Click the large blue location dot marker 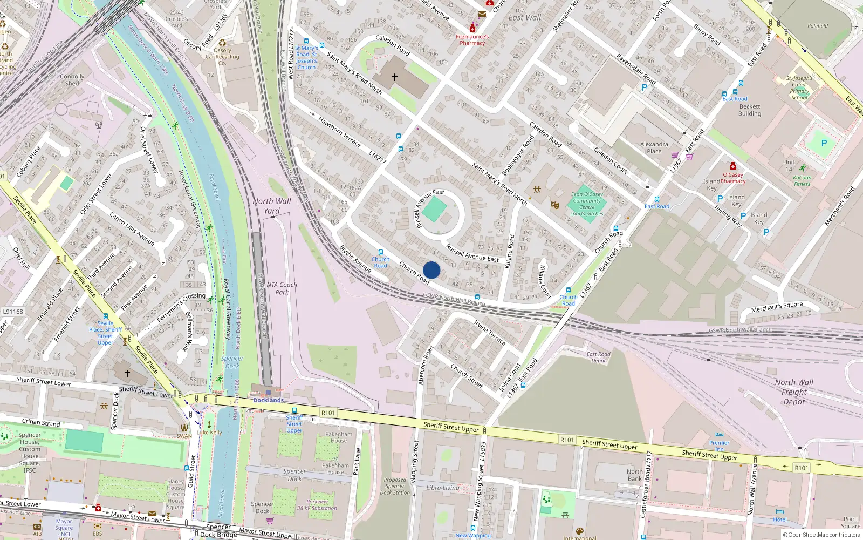432,270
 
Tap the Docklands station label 268,400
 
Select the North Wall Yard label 272,206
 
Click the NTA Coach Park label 282,288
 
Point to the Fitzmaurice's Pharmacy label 472,40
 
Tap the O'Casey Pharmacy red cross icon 732,166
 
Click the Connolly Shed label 72,80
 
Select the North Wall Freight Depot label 794,392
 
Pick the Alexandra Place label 654,147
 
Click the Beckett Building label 750,110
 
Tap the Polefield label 818,26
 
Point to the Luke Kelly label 209,433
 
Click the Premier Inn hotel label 719,446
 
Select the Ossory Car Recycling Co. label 222,57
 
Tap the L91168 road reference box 13,312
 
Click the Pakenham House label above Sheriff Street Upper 339,437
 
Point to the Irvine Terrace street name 490,332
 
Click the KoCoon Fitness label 802,180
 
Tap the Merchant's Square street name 777,307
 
